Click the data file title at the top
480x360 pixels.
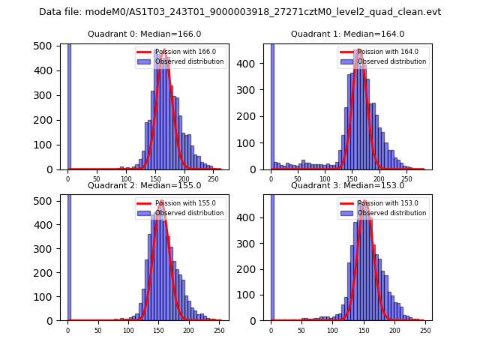point(240,12)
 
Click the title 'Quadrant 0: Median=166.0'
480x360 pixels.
point(145,34)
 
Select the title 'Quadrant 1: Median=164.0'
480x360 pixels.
point(347,34)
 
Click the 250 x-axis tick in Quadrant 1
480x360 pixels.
point(406,179)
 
